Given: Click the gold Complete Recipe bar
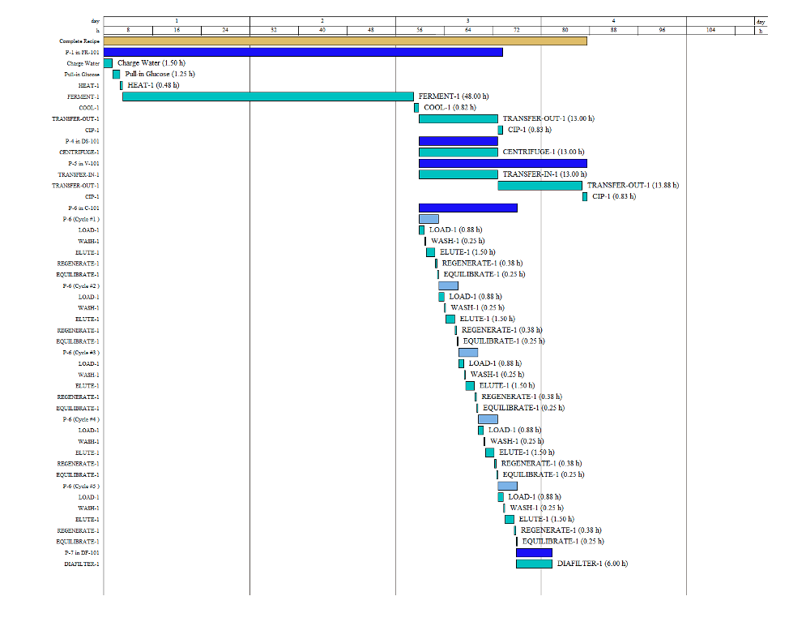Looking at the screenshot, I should tap(345, 41).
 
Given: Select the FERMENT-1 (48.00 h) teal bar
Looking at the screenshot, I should tap(267, 97).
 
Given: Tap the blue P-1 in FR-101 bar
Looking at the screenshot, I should tap(303, 52).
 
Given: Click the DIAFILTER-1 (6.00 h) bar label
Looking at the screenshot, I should tap(592, 564).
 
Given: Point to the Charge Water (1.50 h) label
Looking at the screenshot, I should tap(148, 62).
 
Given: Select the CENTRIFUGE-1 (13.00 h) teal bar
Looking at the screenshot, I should tap(458, 152).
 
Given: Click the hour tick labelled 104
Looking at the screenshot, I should tap(710, 30).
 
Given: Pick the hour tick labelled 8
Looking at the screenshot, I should tap(128, 30).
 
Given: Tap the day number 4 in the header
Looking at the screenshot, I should tap(613, 19).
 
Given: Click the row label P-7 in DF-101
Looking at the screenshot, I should tap(82, 552).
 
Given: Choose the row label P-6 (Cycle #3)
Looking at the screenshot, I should tap(81, 353).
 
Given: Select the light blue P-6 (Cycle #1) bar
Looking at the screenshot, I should tap(429, 219).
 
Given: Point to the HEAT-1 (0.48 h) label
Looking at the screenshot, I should tap(153, 85).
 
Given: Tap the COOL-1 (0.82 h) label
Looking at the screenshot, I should tap(450, 107).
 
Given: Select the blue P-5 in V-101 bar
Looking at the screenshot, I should tap(502, 163).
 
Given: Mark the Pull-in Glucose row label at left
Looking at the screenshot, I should tap(83, 74).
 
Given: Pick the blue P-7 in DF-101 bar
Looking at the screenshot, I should tap(534, 553).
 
